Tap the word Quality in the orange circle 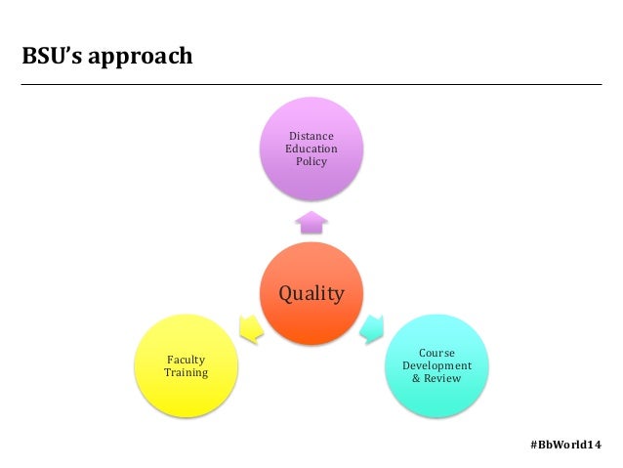tap(311, 293)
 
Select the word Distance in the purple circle tap(311, 136)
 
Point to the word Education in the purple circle tap(311, 149)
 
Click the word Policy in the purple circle tap(311, 161)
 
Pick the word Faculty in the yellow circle tap(186, 360)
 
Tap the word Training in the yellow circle tap(186, 373)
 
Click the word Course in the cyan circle tap(436, 353)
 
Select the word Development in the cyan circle tap(436, 365)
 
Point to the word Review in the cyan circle tap(442, 378)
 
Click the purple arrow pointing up tap(311, 222)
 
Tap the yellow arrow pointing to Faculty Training tap(250, 329)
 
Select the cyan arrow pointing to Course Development tap(372, 328)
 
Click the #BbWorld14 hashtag tap(565, 444)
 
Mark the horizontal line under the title tap(311, 85)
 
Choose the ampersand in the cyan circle tap(416, 378)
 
